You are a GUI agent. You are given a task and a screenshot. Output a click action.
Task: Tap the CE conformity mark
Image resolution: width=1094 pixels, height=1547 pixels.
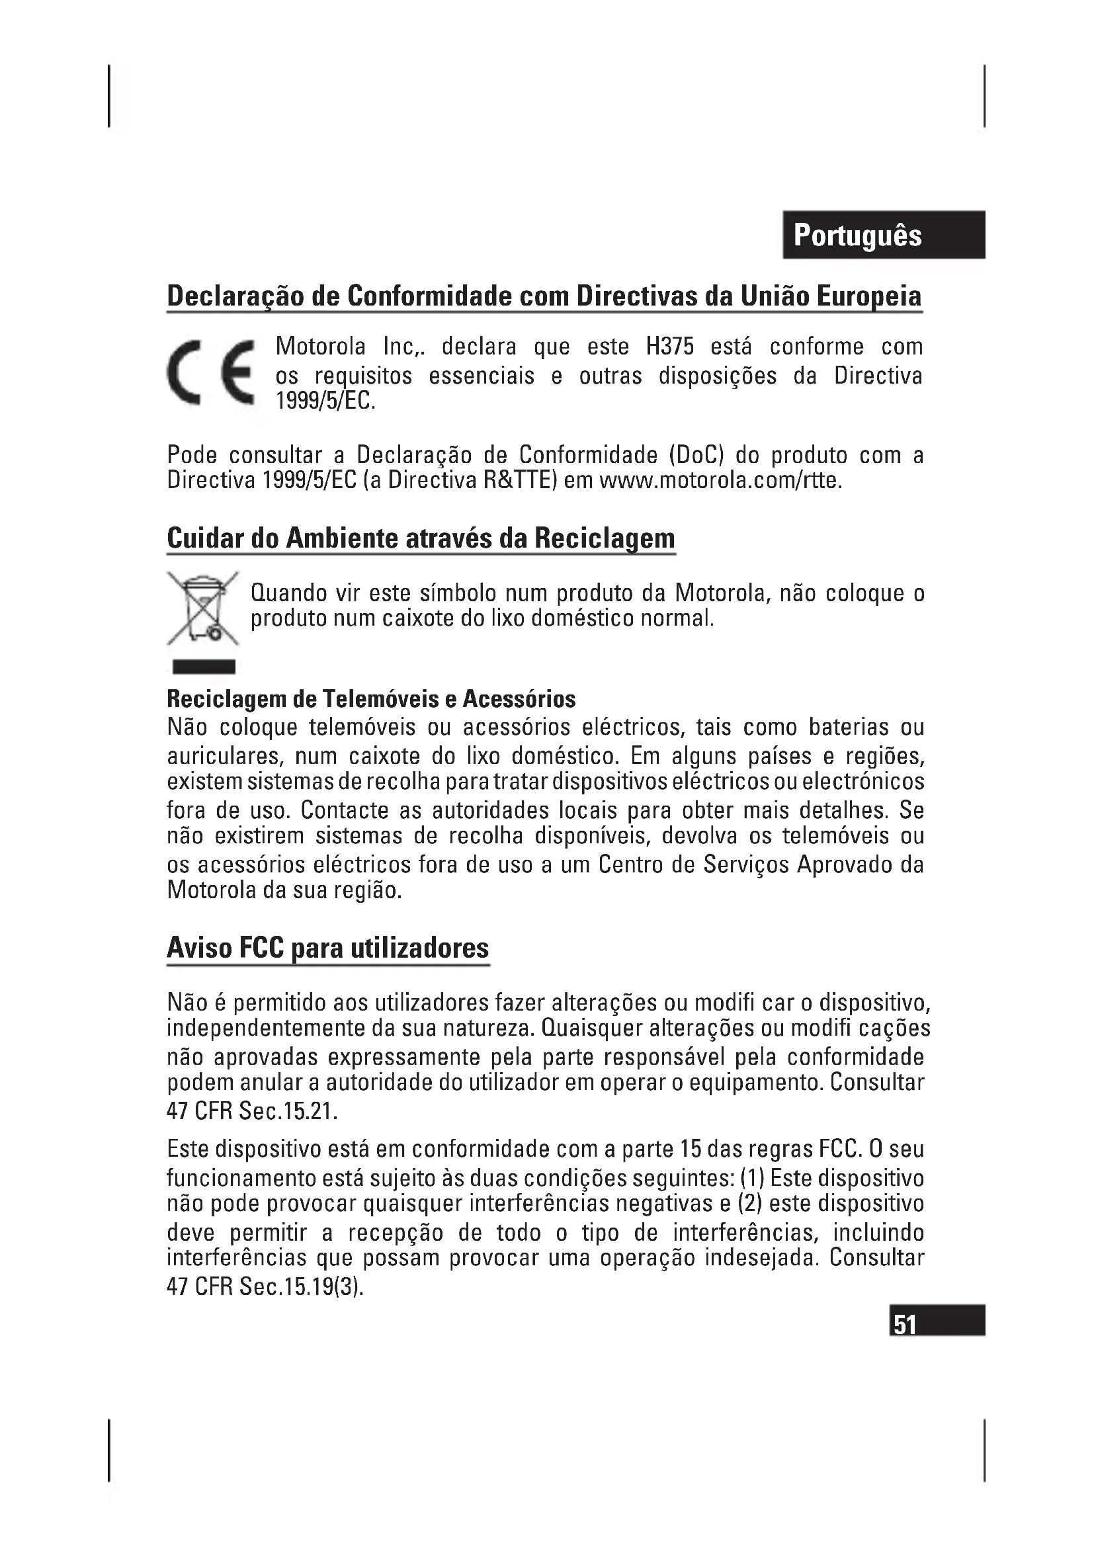(211, 372)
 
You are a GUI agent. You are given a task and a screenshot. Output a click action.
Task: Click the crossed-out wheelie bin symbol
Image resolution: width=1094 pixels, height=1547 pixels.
(203, 608)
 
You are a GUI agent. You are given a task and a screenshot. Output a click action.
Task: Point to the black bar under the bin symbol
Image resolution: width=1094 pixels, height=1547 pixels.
(204, 667)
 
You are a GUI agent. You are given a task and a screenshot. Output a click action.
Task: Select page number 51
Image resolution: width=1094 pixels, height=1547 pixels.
(905, 1325)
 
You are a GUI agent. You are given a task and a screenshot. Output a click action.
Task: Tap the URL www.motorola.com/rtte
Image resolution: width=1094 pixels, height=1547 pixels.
(720, 481)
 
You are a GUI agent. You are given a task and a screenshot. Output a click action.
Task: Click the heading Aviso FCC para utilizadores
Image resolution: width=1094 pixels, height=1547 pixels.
(327, 947)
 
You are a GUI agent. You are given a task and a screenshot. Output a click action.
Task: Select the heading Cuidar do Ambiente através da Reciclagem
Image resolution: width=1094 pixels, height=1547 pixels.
(421, 538)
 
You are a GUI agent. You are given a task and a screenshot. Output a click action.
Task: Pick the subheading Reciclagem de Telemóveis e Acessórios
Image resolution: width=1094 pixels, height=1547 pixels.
(370, 698)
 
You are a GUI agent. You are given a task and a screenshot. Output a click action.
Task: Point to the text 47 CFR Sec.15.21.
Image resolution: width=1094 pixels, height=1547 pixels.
(252, 1110)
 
